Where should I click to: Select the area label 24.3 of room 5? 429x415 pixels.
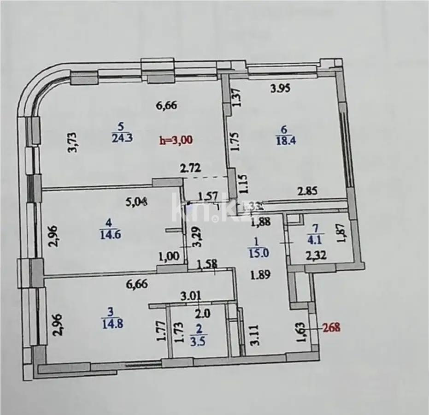(122, 138)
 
